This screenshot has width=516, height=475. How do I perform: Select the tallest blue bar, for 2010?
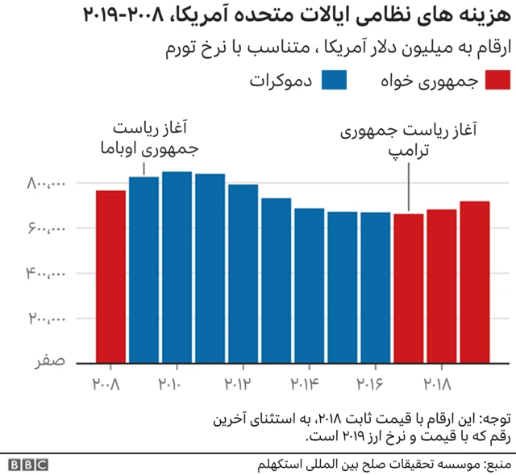[177, 267]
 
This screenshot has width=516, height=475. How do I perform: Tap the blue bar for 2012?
[243, 273]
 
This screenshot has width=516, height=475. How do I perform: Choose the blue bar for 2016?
[375, 287]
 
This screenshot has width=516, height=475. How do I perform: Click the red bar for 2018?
[441, 286]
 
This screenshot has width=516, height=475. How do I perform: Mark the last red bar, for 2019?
[474, 282]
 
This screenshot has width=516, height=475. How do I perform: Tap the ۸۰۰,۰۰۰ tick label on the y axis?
[46, 184]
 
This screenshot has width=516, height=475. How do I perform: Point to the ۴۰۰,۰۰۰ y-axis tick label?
[46, 274]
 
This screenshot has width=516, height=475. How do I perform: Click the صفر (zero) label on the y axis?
[49, 362]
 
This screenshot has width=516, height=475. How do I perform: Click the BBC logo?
[28, 465]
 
